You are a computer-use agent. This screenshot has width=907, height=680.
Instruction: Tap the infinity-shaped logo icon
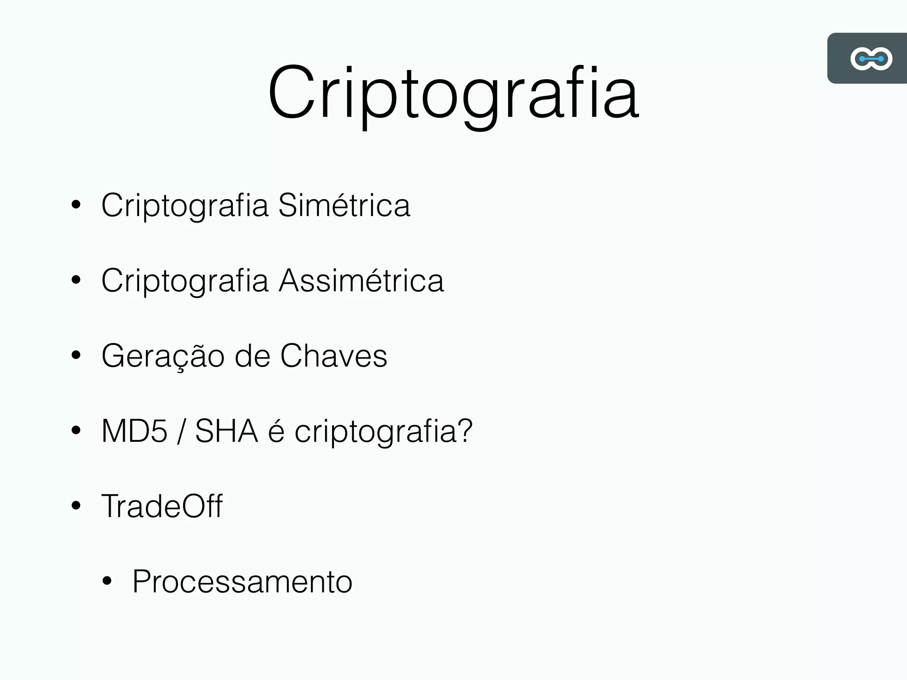871,58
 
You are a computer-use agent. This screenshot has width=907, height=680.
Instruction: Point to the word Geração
163,356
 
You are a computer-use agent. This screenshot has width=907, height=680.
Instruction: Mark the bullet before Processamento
107,581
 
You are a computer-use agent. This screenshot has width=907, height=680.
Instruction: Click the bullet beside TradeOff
76,506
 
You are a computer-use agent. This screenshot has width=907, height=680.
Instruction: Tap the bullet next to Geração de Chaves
76,355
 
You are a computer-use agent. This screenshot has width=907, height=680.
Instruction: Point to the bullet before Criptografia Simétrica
76,205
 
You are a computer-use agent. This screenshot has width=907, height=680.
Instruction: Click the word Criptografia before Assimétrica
185,281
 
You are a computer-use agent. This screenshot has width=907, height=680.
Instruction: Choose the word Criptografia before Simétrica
185,206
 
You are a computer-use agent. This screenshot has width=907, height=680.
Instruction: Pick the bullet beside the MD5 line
76,430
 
